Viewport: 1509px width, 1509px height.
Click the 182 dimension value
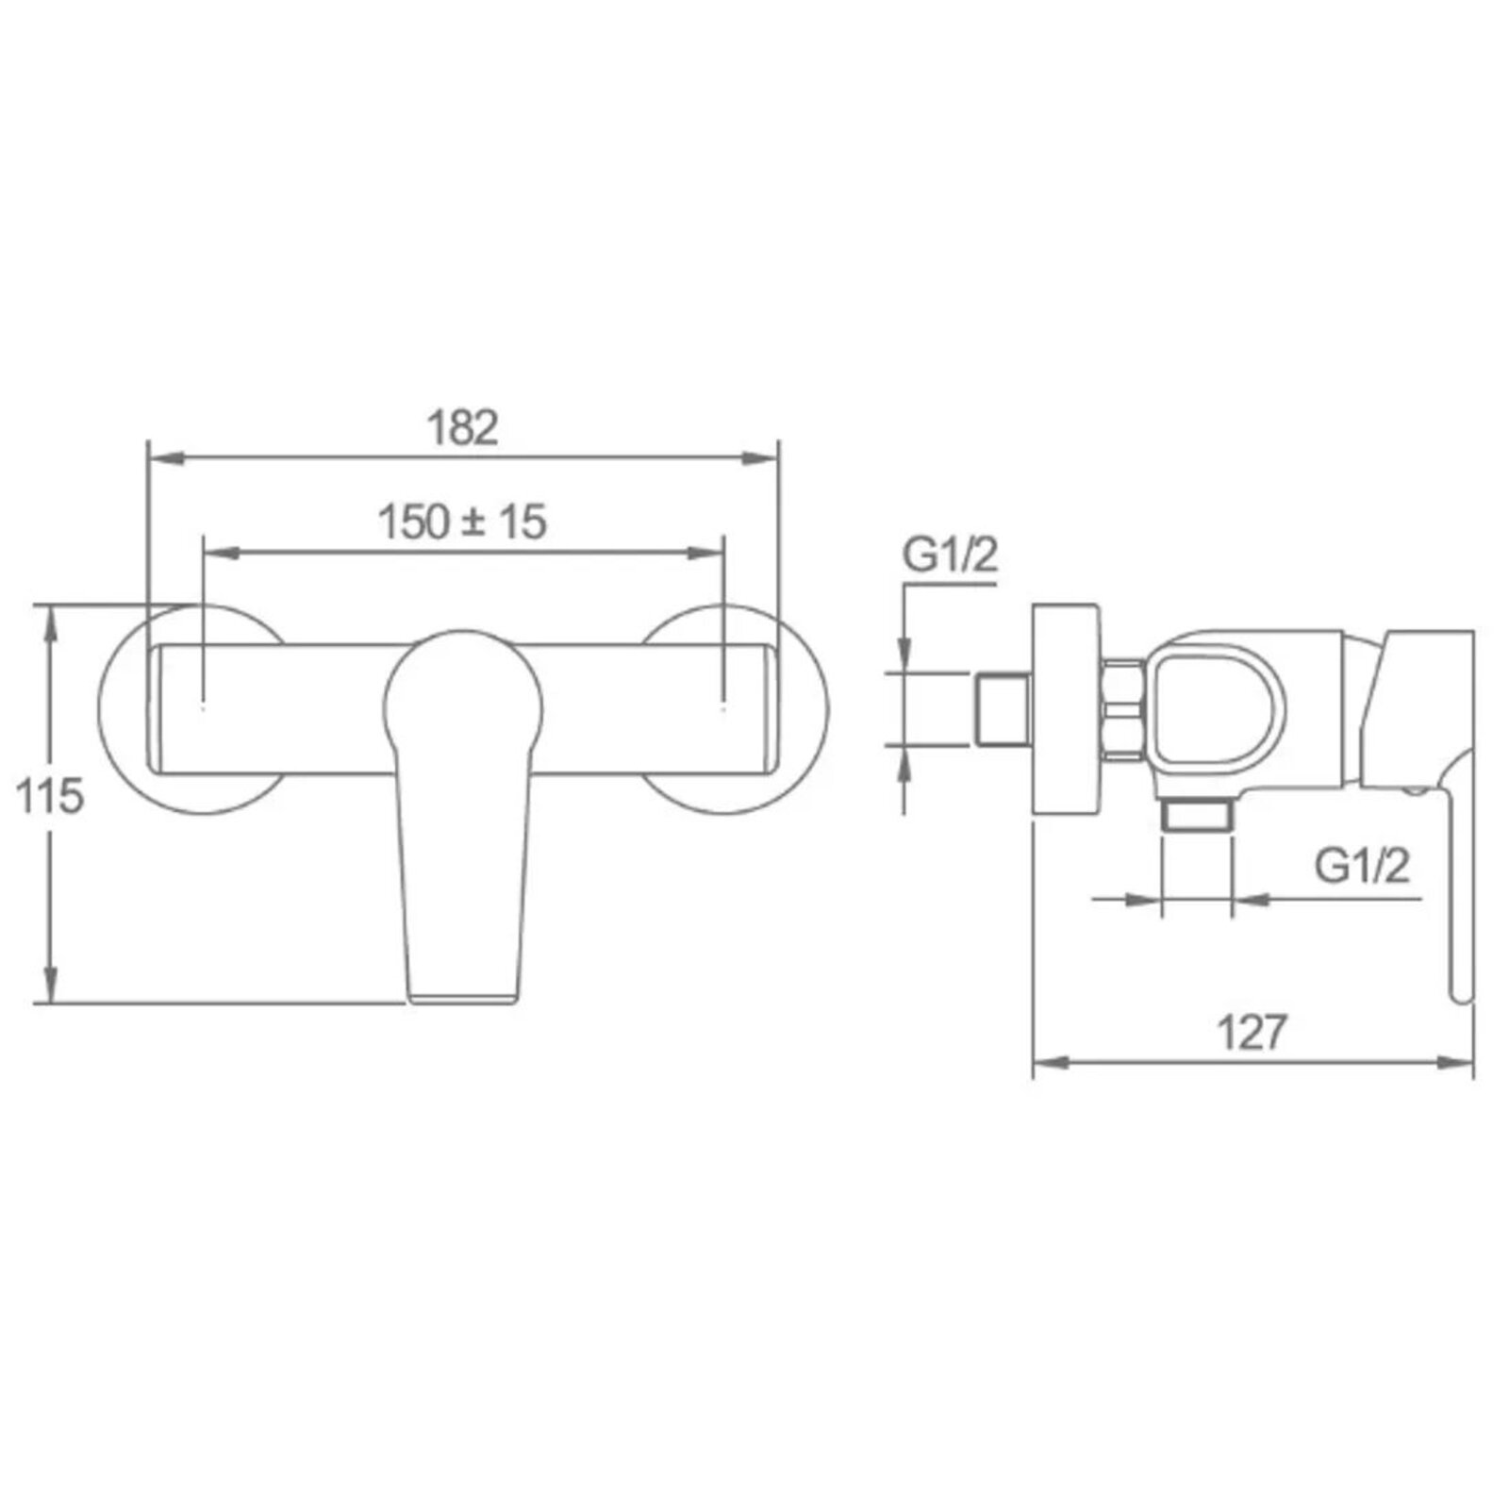(462, 428)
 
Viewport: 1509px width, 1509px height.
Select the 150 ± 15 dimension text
(462, 522)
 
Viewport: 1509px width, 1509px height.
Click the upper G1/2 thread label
(950, 556)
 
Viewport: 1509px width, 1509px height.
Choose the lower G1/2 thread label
(1363, 865)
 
